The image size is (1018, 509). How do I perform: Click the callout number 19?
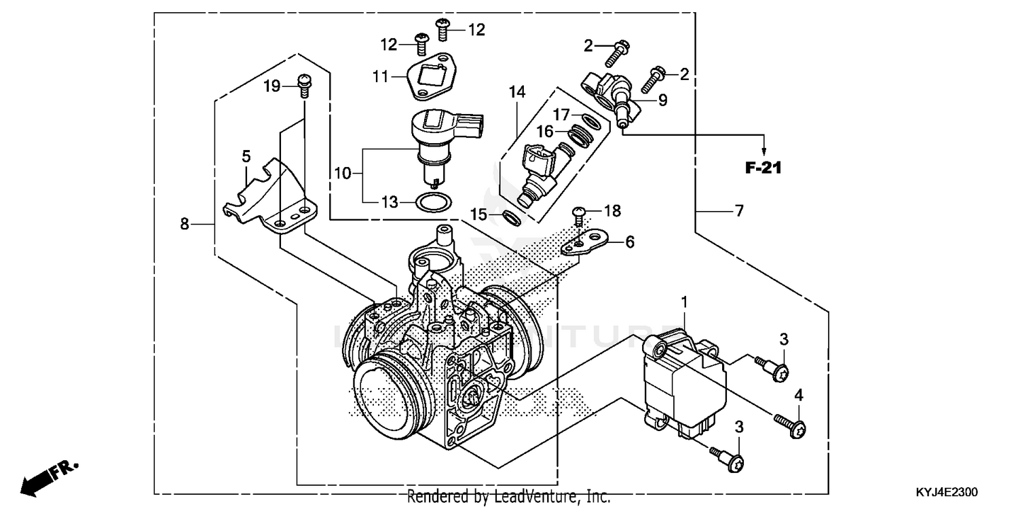pos(271,86)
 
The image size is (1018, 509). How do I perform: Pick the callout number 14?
pos(518,92)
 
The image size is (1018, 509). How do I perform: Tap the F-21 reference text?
pos(763,167)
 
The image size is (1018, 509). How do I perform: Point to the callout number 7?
pos(738,211)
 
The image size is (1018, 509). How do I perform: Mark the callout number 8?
pos(184,223)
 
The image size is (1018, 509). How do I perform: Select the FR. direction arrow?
pos(48,477)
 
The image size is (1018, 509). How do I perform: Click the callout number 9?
pos(662,100)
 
